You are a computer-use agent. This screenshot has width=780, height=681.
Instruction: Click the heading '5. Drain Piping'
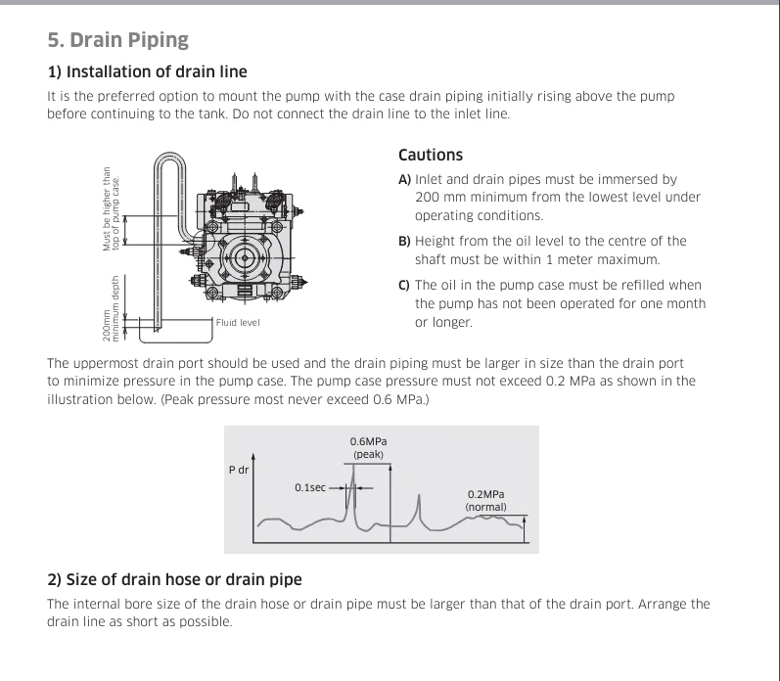click(x=117, y=40)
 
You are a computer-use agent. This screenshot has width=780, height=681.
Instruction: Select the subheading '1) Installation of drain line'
click(x=147, y=71)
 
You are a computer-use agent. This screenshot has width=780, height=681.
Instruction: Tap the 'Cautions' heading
click(x=431, y=155)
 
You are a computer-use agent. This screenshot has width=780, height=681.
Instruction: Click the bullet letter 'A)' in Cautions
click(x=404, y=179)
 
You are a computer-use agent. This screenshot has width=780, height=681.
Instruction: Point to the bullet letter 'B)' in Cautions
click(x=404, y=242)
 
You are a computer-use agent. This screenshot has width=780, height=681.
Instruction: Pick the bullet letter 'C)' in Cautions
click(x=404, y=285)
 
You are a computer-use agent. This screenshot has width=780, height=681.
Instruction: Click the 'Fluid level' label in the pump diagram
click(x=238, y=322)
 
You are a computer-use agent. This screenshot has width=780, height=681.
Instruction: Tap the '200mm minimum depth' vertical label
click(x=111, y=308)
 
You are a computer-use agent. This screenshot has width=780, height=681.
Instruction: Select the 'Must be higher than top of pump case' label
click(x=111, y=209)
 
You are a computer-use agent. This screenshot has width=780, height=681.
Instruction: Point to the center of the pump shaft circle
click(x=245, y=257)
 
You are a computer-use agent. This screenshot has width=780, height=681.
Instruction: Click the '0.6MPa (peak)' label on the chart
click(x=368, y=448)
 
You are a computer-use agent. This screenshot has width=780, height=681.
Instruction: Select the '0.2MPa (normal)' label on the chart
click(x=486, y=500)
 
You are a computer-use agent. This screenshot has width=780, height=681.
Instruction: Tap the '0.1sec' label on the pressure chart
click(x=310, y=487)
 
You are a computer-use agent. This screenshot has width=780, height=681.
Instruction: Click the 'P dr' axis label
click(x=239, y=470)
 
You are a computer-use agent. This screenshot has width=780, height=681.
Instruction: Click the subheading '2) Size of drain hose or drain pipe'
click(x=174, y=579)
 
